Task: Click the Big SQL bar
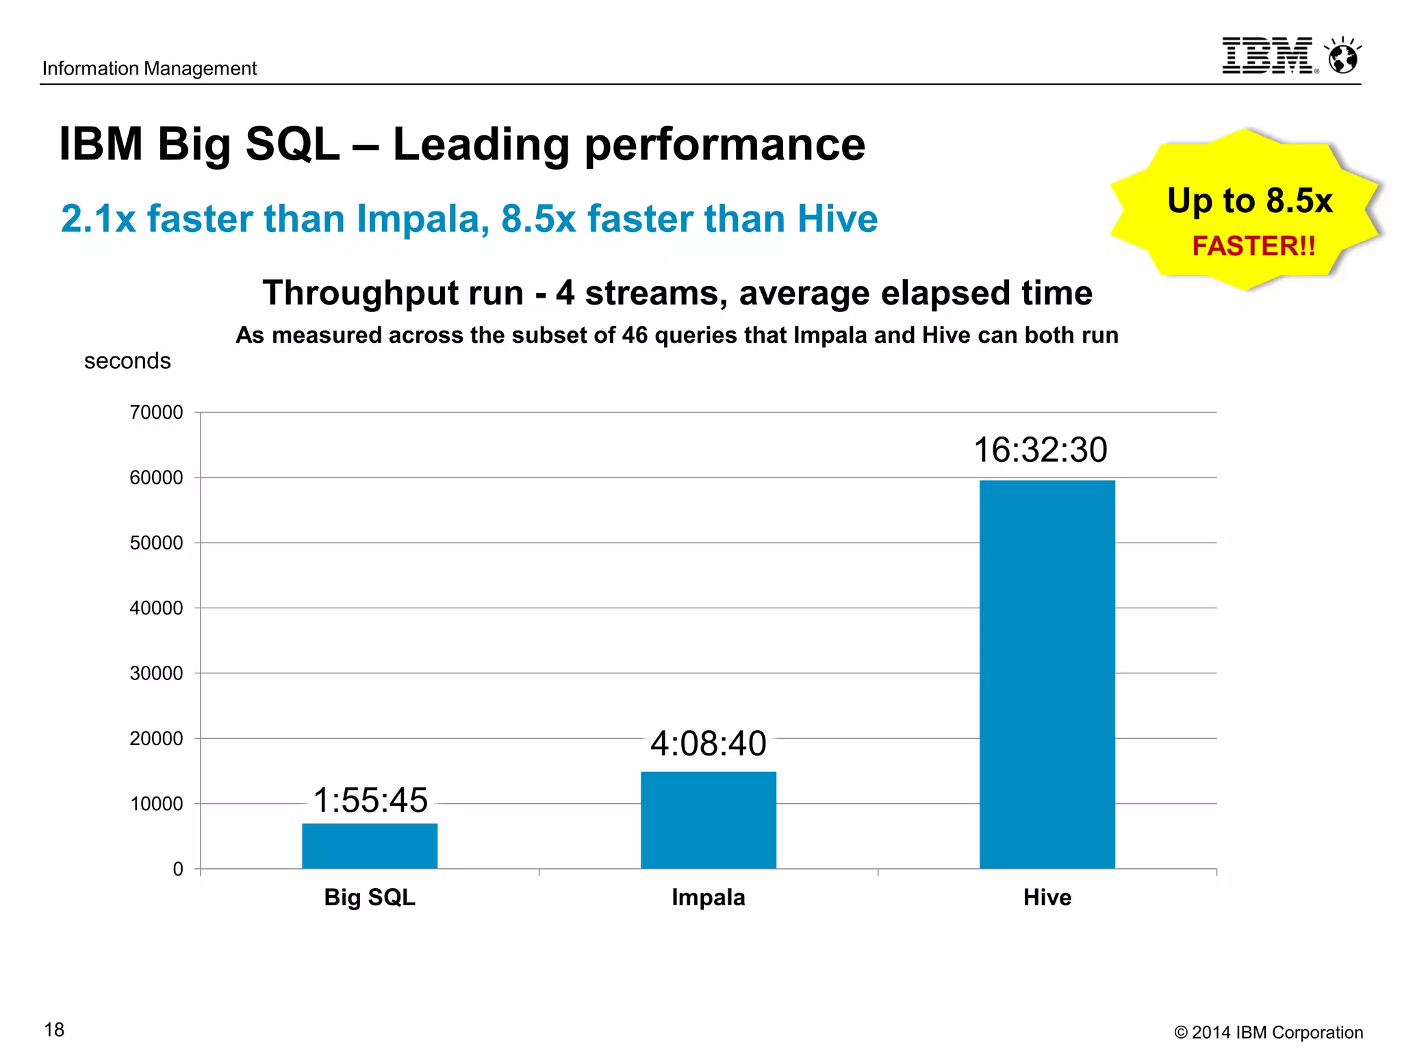point(370,846)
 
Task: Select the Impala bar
point(708,820)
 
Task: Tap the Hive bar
point(1047,674)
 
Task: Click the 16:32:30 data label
point(1040,450)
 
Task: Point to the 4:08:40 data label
point(708,743)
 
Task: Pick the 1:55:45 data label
point(370,800)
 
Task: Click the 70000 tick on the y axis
point(156,413)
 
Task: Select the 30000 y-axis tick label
point(156,673)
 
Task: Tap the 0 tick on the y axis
point(178,869)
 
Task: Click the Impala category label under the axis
point(708,897)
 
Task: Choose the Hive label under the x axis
point(1047,897)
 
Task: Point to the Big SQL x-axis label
point(370,897)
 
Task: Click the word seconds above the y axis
point(127,361)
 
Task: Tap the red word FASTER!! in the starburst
point(1253,246)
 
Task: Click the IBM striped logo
point(1268,56)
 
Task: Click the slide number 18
point(54,1029)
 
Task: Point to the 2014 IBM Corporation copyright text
point(1269,1032)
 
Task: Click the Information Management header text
point(149,68)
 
